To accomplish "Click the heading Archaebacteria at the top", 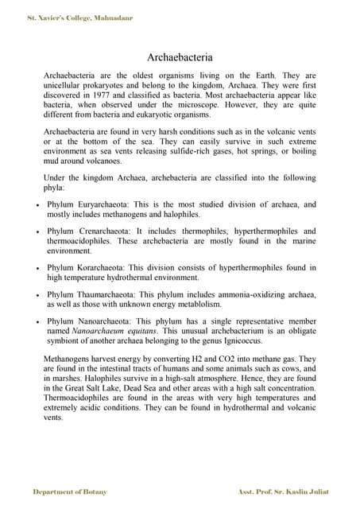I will [180, 57].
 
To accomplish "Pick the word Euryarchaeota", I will [109, 204].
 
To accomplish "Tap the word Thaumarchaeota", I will [112, 294].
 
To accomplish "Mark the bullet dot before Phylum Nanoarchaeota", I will [38, 322].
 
